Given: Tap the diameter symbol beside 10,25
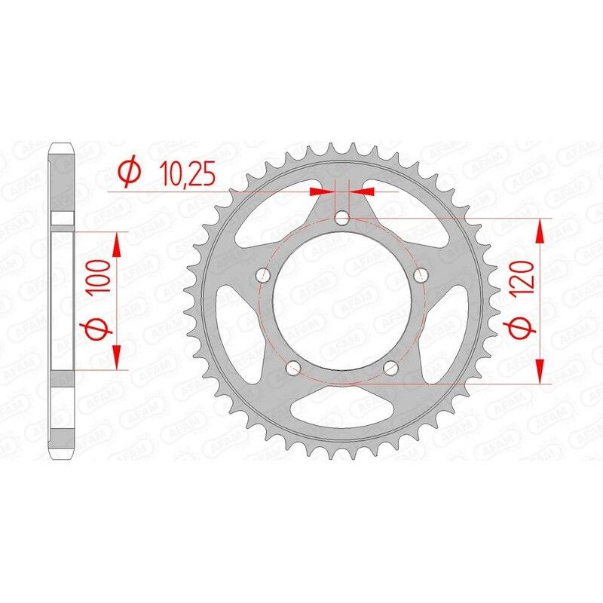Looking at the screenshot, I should pos(129,173).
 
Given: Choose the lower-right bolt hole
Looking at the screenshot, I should pos(390,368).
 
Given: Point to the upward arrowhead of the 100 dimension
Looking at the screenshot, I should pos(117,243).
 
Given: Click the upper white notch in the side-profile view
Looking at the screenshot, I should pos(63,219).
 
